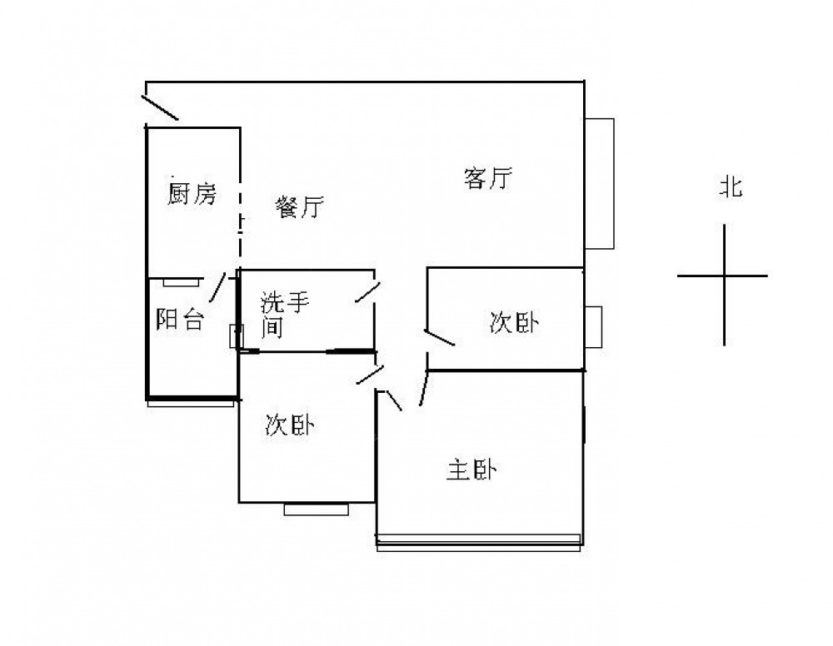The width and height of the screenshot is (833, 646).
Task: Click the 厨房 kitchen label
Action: click(x=192, y=195)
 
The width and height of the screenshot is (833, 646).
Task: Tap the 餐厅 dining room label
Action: click(x=299, y=207)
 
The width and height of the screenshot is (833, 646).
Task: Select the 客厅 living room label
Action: click(x=488, y=178)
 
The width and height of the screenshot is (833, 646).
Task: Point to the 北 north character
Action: click(x=731, y=188)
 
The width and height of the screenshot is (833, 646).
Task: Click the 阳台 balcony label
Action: click(x=180, y=320)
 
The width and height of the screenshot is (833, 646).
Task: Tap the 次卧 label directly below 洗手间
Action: click(x=289, y=426)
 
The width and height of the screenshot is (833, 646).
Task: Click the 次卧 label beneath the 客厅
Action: click(x=513, y=323)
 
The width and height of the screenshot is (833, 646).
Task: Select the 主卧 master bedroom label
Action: click(x=471, y=470)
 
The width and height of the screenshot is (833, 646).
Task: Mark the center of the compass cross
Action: click(x=724, y=276)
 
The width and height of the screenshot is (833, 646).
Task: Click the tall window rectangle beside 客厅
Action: click(x=599, y=183)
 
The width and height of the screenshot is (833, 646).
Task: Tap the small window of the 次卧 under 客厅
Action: click(x=593, y=326)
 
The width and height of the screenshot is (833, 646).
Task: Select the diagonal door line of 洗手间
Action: click(x=367, y=294)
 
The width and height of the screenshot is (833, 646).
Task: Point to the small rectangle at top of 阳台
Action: click(x=181, y=282)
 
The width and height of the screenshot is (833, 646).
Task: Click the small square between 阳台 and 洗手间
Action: click(x=233, y=335)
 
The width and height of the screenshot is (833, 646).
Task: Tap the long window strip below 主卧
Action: click(x=479, y=541)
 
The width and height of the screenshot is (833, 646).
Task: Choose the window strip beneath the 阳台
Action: click(x=191, y=403)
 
